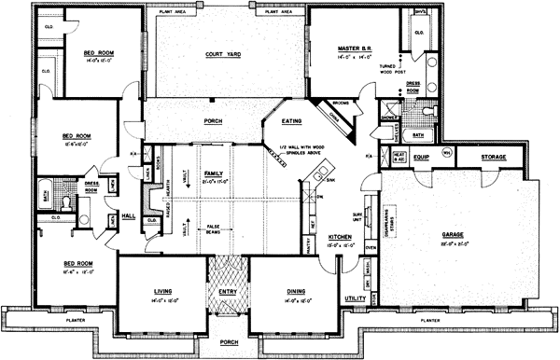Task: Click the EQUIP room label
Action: (420, 158)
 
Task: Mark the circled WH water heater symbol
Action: (446, 152)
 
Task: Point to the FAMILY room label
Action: (214, 174)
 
